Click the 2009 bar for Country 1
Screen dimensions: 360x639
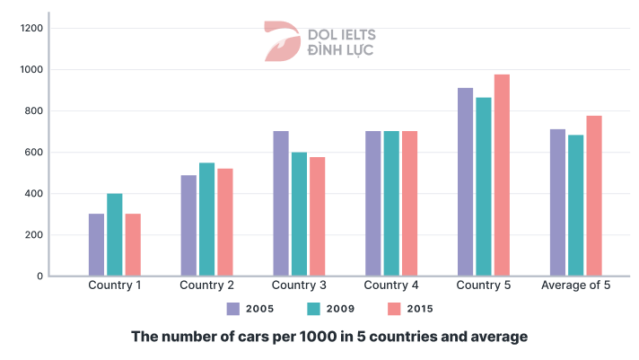coord(114,234)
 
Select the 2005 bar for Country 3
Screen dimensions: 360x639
coord(280,204)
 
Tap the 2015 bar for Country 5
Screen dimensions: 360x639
coord(501,175)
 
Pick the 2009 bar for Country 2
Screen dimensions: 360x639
coord(206,219)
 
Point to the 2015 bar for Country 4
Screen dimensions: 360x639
coord(409,204)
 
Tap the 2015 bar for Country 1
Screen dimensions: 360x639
coord(132,244)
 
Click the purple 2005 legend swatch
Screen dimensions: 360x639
coord(233,309)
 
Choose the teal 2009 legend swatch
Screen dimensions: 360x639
coord(313,309)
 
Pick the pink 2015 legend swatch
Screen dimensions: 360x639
coord(394,309)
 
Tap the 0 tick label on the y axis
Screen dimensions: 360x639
coord(40,277)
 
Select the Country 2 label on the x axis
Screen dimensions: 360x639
coord(206,286)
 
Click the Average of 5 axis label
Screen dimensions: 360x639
coord(576,286)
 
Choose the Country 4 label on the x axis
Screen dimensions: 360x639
coord(391,286)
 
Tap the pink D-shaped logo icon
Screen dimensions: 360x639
coord(279,41)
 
